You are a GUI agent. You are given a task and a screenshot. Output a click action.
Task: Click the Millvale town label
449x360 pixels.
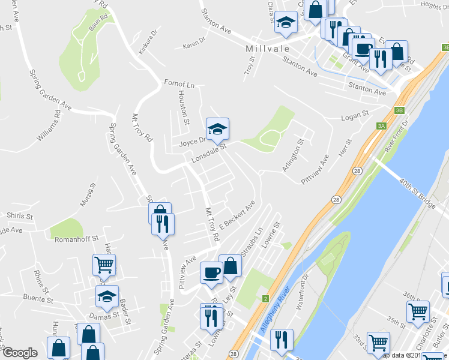268,47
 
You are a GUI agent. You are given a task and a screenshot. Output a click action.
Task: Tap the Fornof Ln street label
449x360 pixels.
179,83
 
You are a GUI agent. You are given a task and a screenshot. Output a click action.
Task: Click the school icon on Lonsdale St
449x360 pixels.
218,128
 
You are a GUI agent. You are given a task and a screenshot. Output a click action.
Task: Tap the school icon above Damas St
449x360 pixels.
107,296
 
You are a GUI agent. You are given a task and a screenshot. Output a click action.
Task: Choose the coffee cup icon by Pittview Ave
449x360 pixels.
211,272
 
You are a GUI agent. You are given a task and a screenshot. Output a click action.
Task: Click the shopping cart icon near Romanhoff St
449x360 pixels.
104,264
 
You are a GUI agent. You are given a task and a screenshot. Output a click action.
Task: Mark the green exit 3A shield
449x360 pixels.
381,125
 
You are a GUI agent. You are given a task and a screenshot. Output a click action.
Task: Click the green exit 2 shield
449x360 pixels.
265,298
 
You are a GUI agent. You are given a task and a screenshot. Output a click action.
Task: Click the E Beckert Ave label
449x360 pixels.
238,215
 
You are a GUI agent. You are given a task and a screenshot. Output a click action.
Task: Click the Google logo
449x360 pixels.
20,353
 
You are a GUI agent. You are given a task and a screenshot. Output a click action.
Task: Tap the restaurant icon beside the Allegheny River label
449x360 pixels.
282,339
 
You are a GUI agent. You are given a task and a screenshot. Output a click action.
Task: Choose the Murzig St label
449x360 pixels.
88,196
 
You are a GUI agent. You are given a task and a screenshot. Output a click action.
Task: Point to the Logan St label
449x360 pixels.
354,115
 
